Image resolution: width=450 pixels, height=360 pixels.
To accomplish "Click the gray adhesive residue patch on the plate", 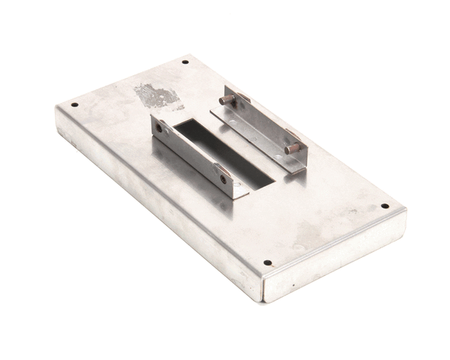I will [157, 95].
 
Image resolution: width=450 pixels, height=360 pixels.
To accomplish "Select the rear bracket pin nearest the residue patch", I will [225, 99].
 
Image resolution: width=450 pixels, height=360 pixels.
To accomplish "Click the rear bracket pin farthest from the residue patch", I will [292, 148].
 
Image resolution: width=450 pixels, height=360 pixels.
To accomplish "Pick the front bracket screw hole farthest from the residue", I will [223, 179].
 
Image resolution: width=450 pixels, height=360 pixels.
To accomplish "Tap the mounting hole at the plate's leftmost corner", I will [73, 105].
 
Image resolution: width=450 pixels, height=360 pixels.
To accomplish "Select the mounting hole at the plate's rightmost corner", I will [385, 205].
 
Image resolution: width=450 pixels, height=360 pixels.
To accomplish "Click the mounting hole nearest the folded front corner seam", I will [267, 263].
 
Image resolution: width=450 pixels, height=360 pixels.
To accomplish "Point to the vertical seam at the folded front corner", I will [262, 289].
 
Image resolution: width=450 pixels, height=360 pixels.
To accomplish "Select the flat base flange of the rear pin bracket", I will [247, 139].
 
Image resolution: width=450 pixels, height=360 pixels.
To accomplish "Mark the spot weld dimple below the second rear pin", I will [278, 156].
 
